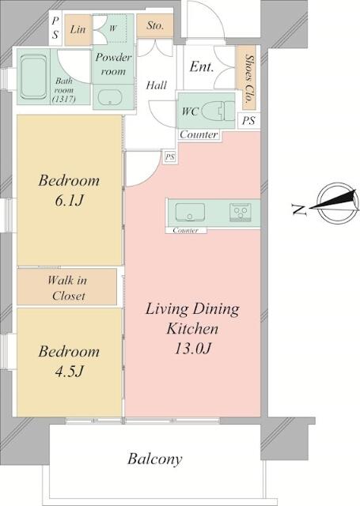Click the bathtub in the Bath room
click(33, 77)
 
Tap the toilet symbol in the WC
click(218, 111)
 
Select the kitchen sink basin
click(190, 213)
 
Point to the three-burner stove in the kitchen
click(241, 213)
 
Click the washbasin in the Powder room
click(110, 97)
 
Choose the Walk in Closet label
click(67, 288)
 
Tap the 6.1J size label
click(69, 201)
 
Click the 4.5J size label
click(69, 371)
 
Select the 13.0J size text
click(193, 349)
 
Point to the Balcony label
click(154, 459)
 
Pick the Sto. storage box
click(155, 26)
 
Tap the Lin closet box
click(78, 30)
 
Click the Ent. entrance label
click(202, 66)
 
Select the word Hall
click(157, 85)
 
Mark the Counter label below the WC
click(199, 134)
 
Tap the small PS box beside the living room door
click(170, 157)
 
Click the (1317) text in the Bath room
click(63, 99)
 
